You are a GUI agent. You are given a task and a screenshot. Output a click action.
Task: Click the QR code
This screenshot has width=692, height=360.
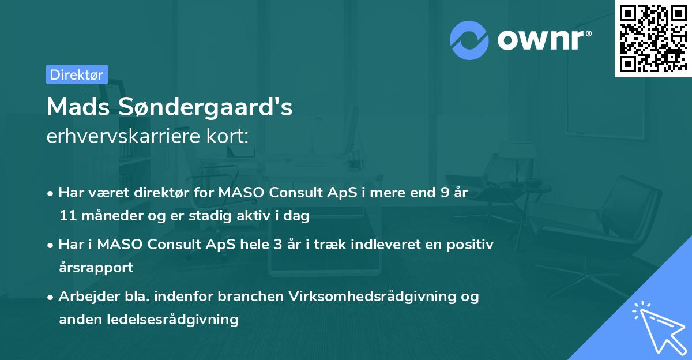(x=653, y=39)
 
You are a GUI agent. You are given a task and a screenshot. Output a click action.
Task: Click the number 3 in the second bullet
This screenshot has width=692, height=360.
(x=277, y=245)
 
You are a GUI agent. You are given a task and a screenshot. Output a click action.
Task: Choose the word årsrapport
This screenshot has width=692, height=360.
(x=96, y=268)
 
